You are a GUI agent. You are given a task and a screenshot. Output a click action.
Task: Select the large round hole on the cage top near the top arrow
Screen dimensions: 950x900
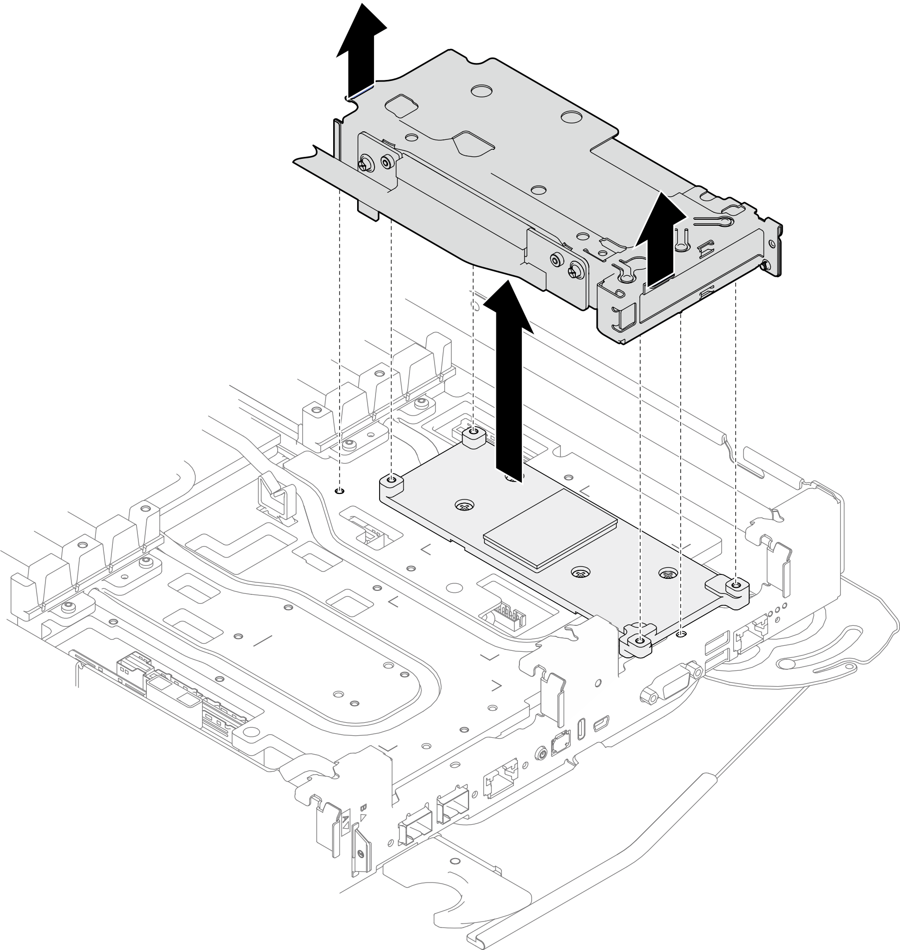(x=481, y=90)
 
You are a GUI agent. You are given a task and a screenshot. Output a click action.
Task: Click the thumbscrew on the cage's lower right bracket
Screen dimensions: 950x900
(x=574, y=272)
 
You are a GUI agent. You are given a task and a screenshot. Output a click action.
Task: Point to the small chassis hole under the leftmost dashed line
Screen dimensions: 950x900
(x=340, y=491)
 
